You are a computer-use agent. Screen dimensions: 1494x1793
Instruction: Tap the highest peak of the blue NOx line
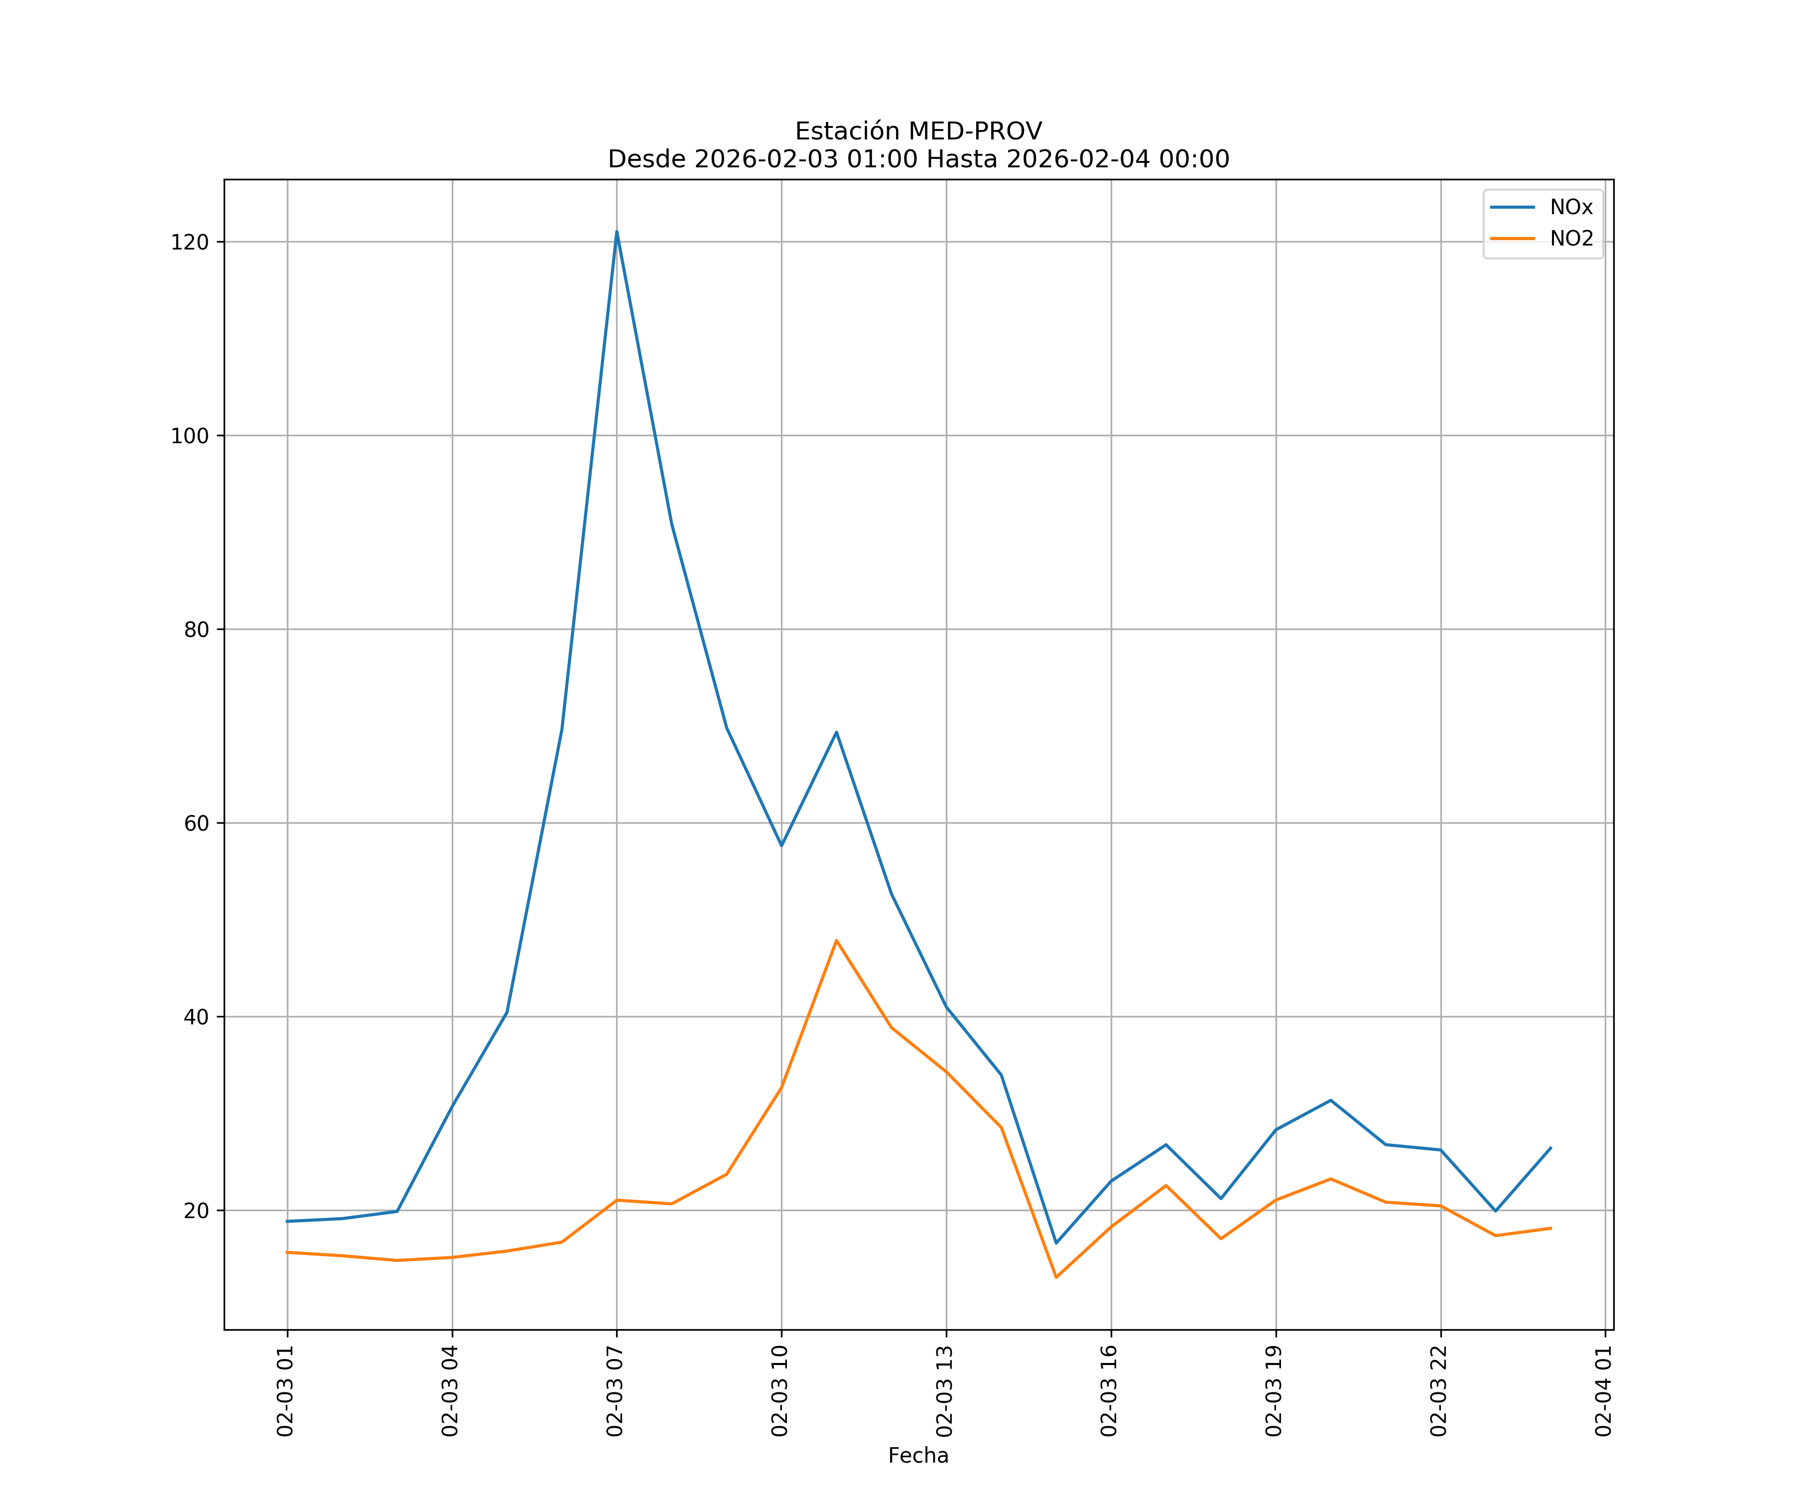[x=617, y=232]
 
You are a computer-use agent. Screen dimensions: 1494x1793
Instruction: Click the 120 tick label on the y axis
[x=190, y=243]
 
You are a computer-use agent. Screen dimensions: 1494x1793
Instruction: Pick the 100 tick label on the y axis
[x=190, y=436]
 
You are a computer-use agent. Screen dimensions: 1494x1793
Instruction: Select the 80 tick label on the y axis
[x=196, y=630]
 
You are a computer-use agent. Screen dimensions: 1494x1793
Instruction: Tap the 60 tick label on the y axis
[x=196, y=824]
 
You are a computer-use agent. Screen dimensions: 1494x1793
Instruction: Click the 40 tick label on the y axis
[x=196, y=1017]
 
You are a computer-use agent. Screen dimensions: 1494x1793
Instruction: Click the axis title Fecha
[x=918, y=1456]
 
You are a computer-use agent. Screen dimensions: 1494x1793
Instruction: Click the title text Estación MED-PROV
[x=918, y=131]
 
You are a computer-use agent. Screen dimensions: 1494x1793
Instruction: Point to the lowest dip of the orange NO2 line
[x=1056, y=1277]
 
